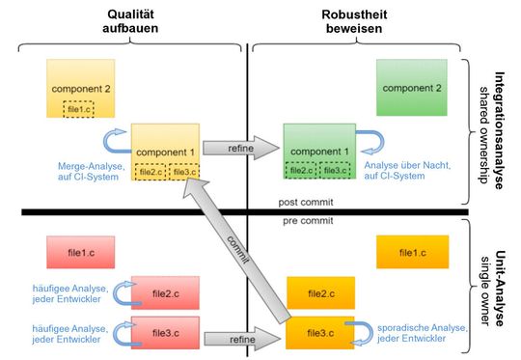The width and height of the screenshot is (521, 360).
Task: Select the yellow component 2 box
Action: pos(80,89)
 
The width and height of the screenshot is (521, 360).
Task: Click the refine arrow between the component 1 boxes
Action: pos(239,151)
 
